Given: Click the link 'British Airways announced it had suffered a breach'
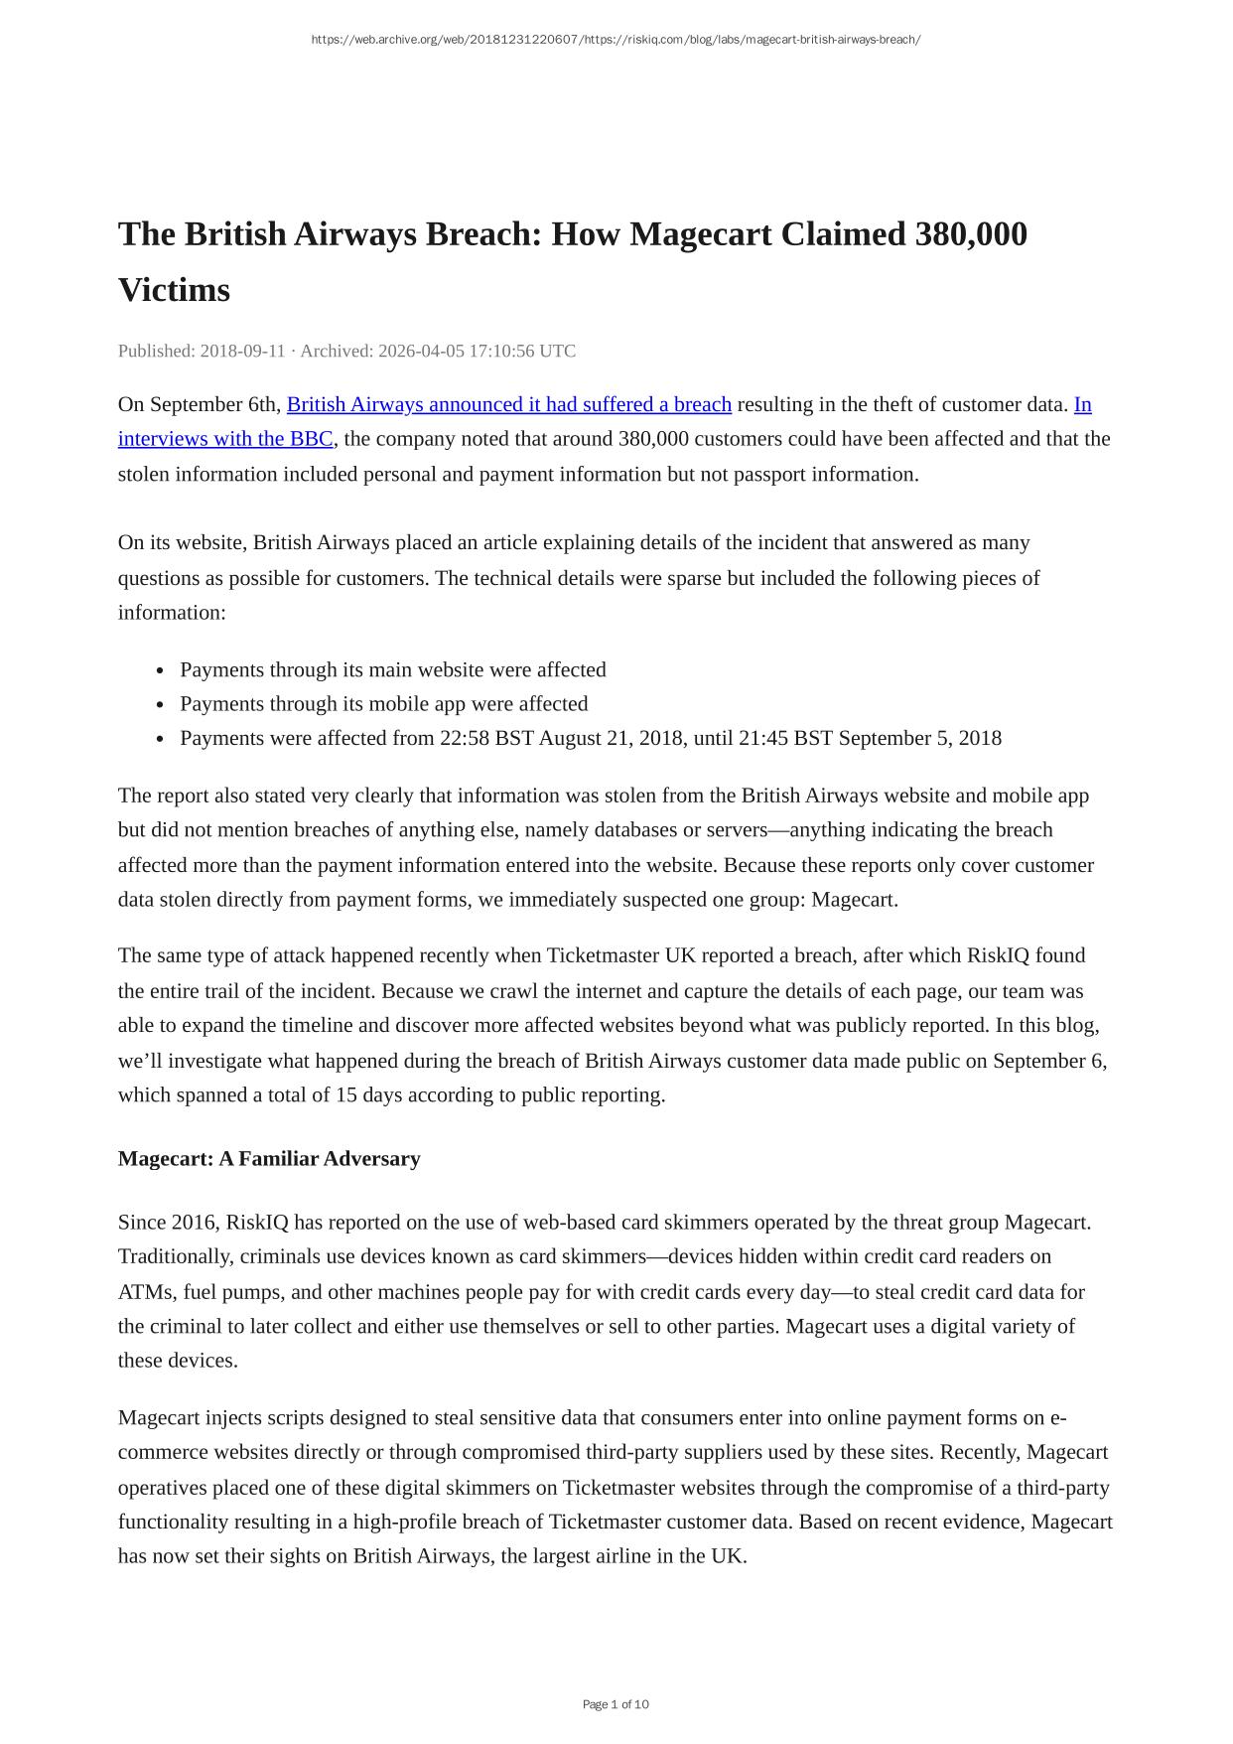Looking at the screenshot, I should click(508, 405).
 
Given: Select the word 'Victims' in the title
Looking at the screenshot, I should click(174, 291).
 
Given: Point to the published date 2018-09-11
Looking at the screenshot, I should click(242, 352).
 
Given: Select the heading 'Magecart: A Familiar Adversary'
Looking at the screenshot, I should click(269, 1159).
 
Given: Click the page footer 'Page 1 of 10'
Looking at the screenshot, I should click(616, 1704).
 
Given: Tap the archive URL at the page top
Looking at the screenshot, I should click(616, 40).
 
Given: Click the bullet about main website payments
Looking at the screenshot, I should click(392, 670).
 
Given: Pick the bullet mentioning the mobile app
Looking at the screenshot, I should click(383, 704).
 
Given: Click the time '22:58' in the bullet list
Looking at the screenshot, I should click(465, 739).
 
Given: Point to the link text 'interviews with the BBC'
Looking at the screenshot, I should click(224, 439).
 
